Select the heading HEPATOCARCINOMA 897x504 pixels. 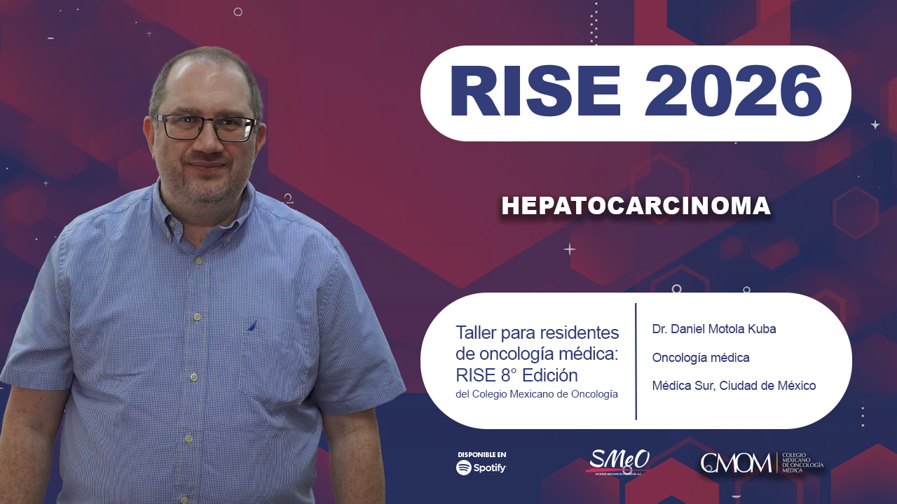point(636,206)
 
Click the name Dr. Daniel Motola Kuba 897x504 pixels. point(713,329)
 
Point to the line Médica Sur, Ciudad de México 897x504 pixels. point(733,386)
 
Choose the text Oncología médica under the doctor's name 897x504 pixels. point(701,358)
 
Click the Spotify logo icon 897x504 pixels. point(464,468)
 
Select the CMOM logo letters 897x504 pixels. point(736,463)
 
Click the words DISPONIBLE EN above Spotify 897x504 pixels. point(481,454)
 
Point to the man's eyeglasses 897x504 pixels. point(205,127)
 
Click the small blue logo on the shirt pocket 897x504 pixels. point(252,325)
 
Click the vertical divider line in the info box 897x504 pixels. point(636,361)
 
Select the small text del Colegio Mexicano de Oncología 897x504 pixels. point(536,394)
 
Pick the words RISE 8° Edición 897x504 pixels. point(516,374)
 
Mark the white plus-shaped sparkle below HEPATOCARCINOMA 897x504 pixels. point(570,249)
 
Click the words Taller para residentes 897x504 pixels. point(537,332)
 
